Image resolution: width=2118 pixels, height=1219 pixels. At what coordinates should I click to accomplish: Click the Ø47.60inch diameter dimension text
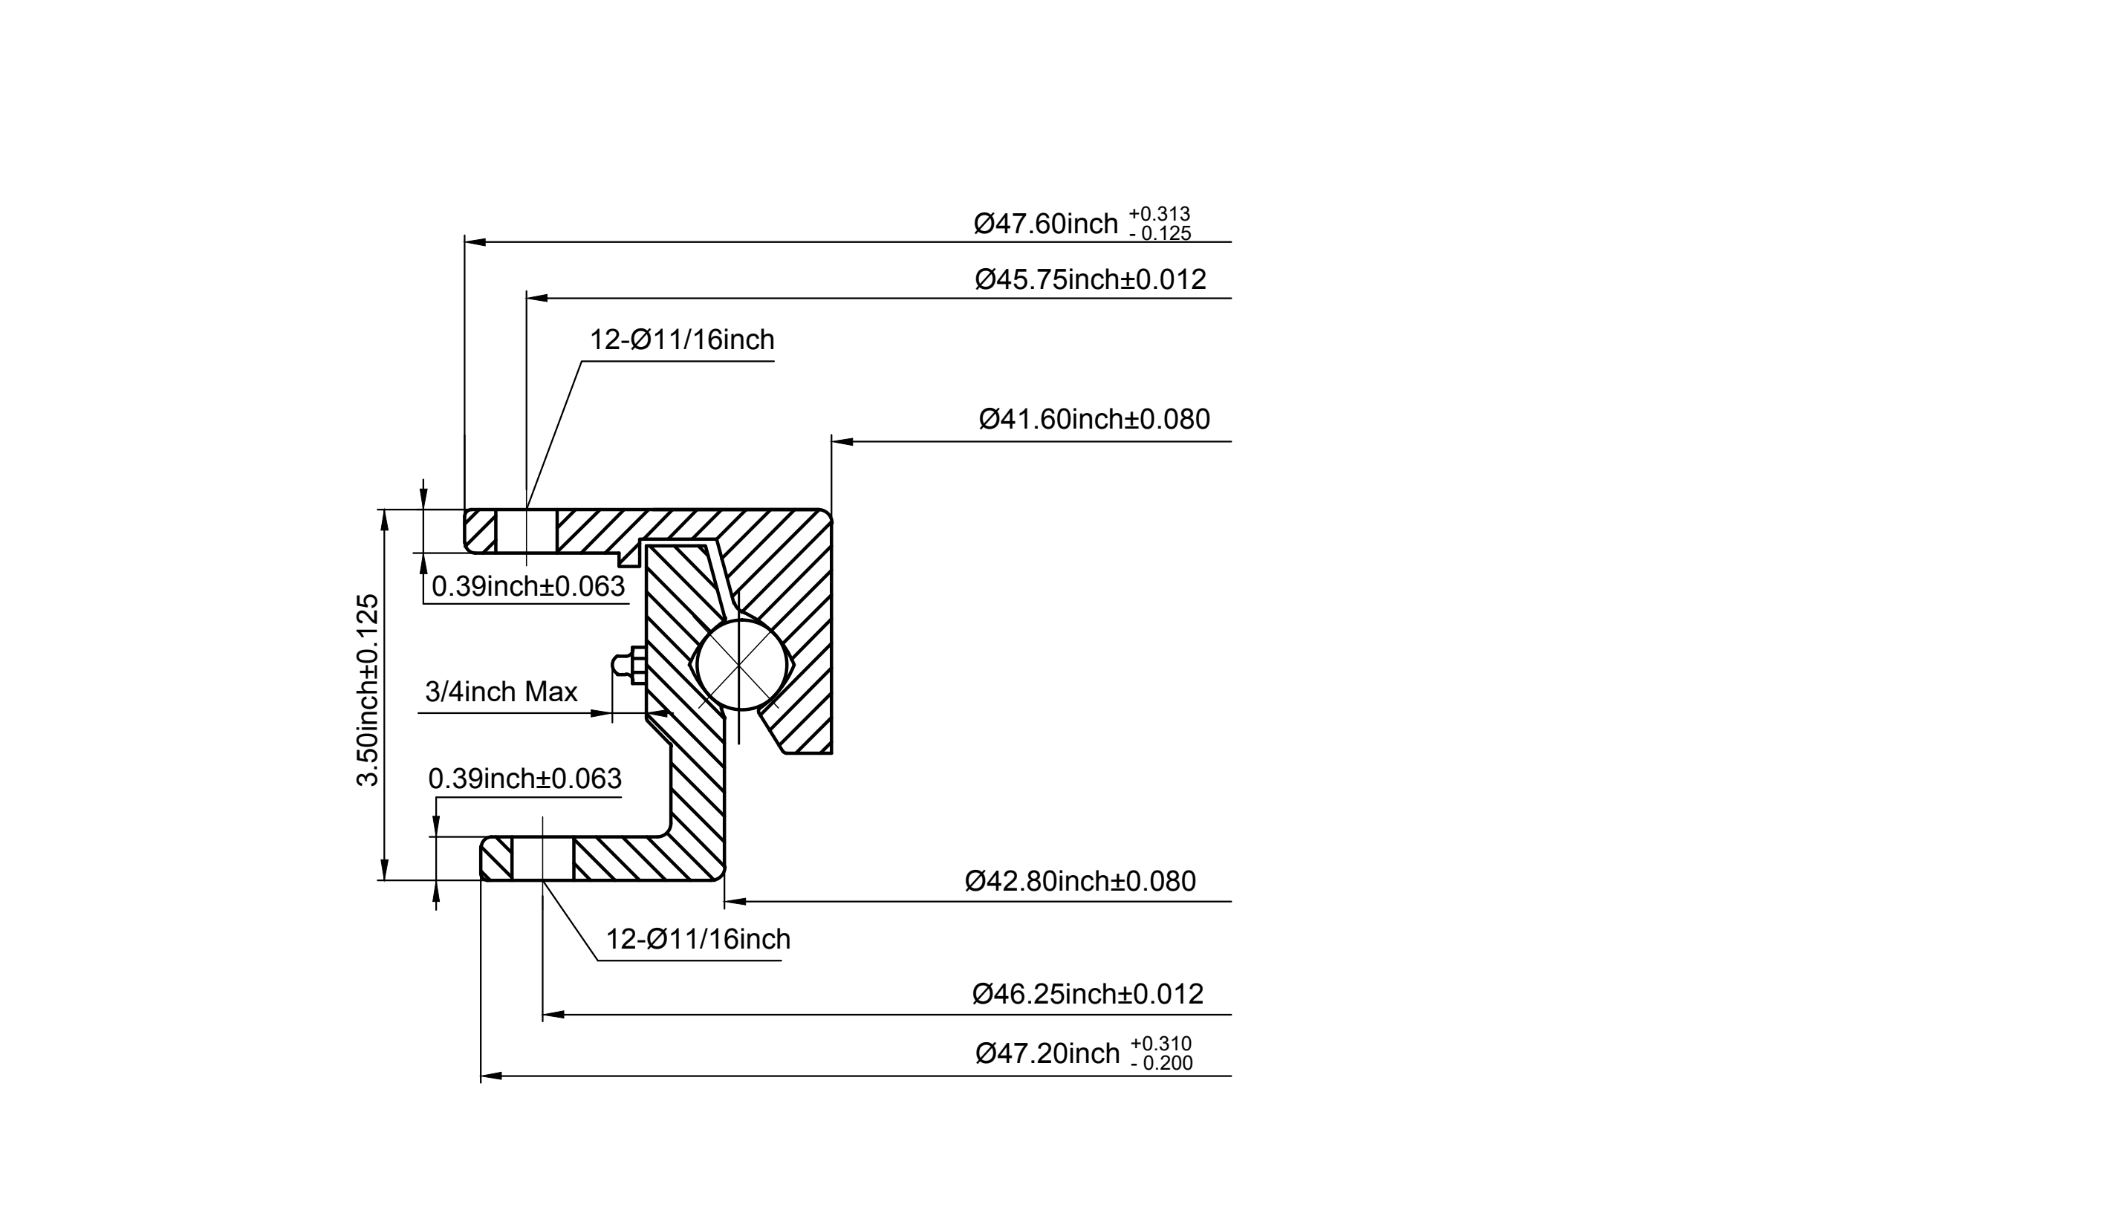(1045, 224)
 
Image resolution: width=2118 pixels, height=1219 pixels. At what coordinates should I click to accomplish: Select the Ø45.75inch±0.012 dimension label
(1091, 279)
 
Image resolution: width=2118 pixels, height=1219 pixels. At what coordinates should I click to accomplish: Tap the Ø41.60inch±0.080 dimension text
(1095, 419)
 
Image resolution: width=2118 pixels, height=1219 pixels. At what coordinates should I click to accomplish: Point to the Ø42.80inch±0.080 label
(1081, 881)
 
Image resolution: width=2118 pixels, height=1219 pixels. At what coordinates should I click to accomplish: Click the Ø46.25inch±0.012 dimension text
(1088, 994)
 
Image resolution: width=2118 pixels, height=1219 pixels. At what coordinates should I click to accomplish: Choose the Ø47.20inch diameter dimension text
(1047, 1053)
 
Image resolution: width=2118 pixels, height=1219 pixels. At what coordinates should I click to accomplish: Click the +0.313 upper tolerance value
(1160, 215)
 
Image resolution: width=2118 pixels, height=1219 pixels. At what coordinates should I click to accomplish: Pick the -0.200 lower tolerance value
(1161, 1063)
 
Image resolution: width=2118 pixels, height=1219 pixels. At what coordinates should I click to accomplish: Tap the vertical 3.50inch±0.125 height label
(368, 690)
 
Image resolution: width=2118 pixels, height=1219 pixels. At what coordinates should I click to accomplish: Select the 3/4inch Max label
(501, 692)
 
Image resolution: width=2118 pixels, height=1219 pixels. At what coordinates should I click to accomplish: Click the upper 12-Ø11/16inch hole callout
(682, 340)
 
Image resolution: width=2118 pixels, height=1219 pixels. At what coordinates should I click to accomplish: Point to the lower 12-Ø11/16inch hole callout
(698, 940)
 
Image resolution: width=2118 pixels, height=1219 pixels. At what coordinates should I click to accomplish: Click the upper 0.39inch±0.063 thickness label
(528, 586)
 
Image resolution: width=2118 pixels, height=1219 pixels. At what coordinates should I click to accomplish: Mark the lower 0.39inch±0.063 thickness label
(525, 778)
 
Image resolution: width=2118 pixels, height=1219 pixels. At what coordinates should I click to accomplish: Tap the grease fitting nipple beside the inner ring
(627, 666)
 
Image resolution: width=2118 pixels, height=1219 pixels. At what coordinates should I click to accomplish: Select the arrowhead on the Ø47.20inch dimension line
(491, 1076)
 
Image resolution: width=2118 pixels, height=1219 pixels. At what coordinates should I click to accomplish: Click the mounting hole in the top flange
(527, 531)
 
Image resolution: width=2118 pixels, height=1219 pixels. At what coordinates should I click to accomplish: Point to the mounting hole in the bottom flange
(542, 858)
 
